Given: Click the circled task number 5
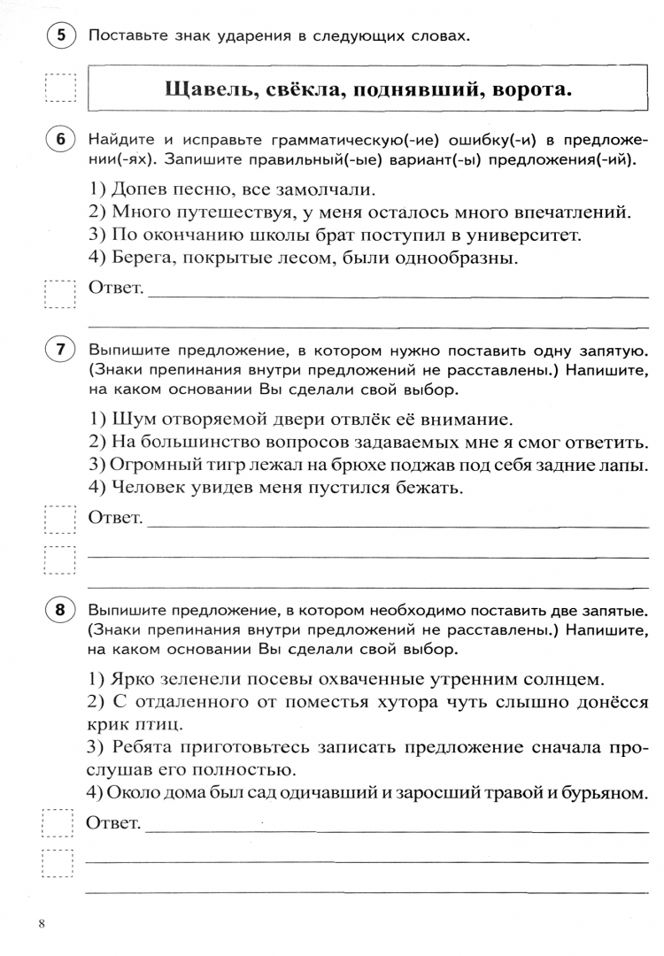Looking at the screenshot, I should [x=60, y=36].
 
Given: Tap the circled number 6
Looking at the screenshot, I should [x=60, y=143].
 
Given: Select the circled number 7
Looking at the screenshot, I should [x=60, y=350].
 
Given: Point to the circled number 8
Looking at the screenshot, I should [x=60, y=611].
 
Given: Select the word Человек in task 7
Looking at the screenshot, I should [x=148, y=487].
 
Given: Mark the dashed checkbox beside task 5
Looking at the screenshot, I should [x=60, y=89].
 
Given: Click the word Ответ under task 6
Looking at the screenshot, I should [x=115, y=289].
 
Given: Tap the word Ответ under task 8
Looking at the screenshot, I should [x=115, y=824].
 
